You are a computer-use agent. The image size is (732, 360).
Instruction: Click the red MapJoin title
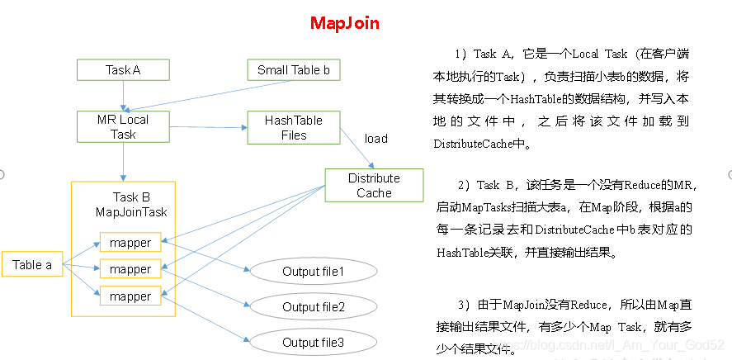tap(345, 23)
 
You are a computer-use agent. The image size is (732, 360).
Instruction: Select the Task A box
tap(123, 70)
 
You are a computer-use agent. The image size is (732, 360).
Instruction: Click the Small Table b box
tap(293, 70)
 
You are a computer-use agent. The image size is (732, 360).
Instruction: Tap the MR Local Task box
tap(123, 127)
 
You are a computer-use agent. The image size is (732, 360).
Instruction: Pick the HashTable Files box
tap(293, 127)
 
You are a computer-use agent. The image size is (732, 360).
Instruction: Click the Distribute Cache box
tap(374, 186)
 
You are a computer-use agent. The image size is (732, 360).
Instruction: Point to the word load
tap(375, 139)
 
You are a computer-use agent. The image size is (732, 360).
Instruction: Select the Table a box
tap(32, 265)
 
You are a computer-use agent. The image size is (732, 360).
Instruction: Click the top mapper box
tap(130, 243)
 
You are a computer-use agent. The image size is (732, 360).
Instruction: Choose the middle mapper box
tap(130, 269)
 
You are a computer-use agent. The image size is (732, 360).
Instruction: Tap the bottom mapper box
tap(130, 296)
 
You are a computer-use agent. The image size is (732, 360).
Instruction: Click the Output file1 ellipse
tap(313, 271)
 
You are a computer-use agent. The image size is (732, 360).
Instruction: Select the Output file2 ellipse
tap(313, 306)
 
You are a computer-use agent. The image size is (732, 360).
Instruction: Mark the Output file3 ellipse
tap(313, 342)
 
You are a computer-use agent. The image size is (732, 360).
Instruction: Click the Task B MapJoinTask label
tap(130, 205)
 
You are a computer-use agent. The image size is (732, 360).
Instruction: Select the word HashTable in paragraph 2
tap(461, 252)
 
